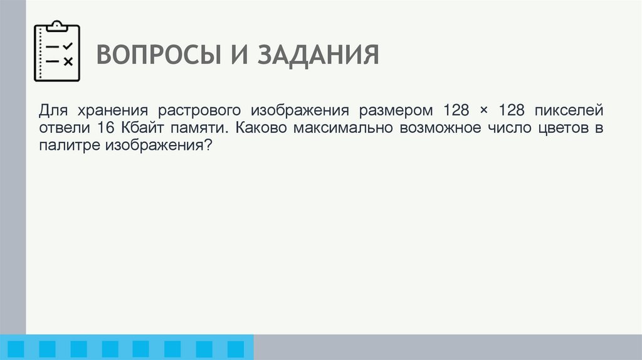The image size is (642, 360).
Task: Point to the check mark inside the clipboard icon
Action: [68, 46]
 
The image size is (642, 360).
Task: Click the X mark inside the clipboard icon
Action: [68, 61]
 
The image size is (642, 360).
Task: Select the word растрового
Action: [199, 111]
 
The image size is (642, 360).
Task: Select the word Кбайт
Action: [141, 129]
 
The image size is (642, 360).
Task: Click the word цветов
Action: [560, 129]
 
